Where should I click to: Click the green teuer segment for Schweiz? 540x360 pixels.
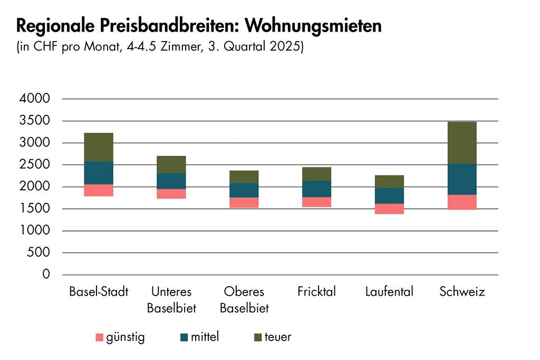[x=462, y=143]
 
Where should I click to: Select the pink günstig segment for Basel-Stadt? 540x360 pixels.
[x=99, y=190]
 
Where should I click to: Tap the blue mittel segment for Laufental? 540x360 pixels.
[x=389, y=196]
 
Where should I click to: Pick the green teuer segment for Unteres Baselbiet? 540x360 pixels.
[x=171, y=164]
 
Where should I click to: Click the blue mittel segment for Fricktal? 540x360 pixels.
[x=316, y=189]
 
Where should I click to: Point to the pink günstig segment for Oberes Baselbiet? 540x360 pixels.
[x=244, y=202]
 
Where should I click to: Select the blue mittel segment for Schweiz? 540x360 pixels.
[x=462, y=179]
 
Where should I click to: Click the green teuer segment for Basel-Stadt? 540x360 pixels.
[x=99, y=147]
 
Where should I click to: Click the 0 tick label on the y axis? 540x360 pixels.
[x=46, y=275]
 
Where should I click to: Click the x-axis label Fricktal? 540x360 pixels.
[x=316, y=291]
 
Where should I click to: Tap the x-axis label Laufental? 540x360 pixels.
[x=389, y=291]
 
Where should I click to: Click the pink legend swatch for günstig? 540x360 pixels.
[x=99, y=337]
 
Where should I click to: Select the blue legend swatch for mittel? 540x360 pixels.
[x=184, y=337]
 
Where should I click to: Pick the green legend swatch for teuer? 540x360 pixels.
[x=258, y=337]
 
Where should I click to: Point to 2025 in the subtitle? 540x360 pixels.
[x=287, y=46]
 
